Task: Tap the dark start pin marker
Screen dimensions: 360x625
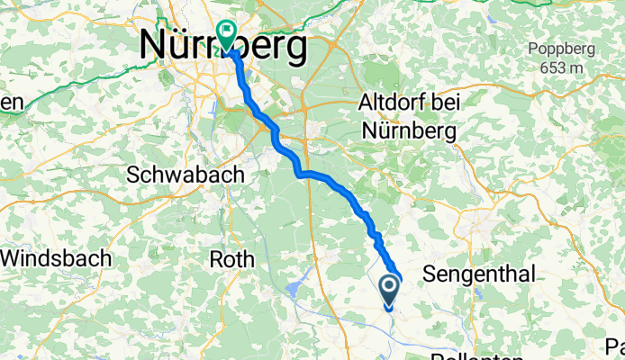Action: point(389,290)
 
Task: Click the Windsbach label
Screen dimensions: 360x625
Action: point(56,259)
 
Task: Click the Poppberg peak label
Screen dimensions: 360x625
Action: point(561,49)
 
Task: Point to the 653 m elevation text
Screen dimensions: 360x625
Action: point(561,67)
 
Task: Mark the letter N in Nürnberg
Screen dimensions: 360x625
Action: point(152,46)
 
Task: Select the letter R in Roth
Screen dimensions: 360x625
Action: point(215,259)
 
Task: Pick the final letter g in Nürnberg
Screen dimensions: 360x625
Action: point(294,49)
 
